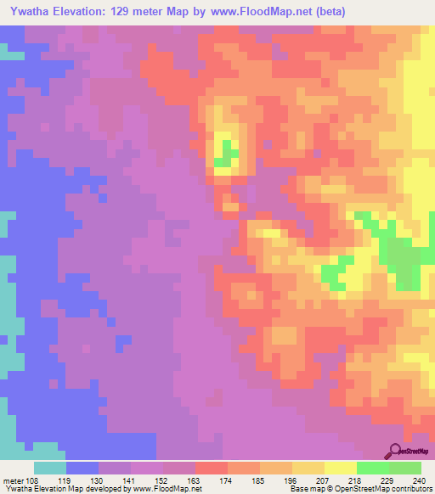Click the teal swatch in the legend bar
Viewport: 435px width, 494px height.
coord(50,469)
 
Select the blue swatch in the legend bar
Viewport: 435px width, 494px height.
coord(82,469)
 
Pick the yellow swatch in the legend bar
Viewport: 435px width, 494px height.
coord(341,469)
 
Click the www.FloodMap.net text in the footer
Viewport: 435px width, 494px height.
coord(162,489)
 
